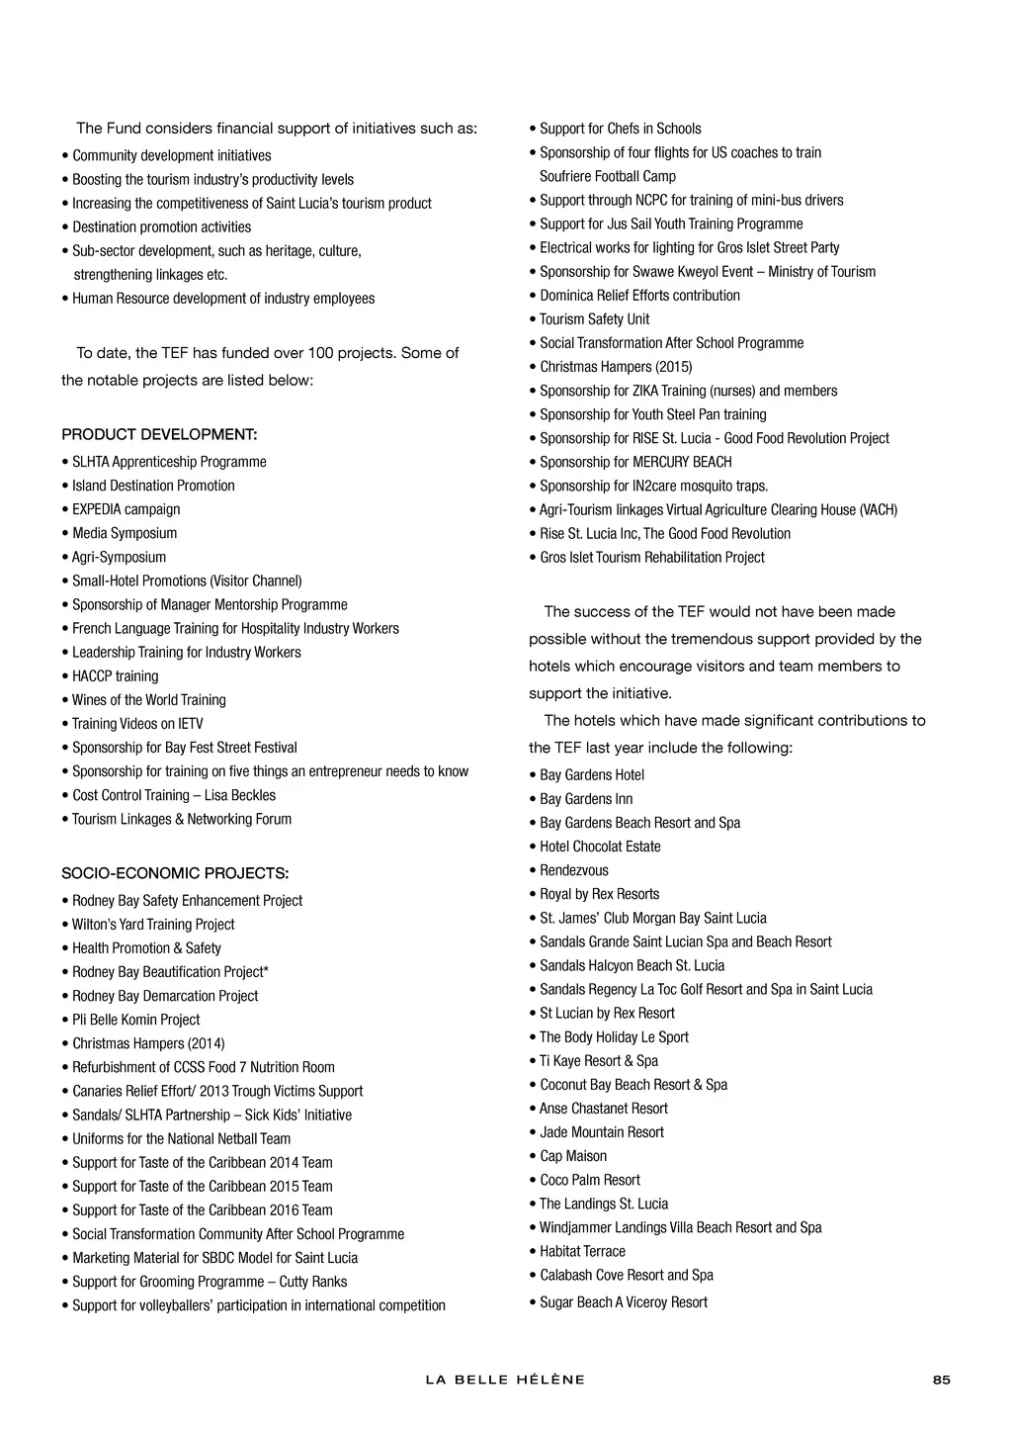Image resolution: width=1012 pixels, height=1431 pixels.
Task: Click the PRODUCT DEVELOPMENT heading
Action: point(159,435)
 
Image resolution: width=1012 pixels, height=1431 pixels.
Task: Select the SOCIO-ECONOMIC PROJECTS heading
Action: point(175,874)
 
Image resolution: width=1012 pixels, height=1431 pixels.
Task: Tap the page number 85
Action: point(941,1380)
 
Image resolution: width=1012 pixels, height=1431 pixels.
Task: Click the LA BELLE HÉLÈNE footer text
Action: point(505,1380)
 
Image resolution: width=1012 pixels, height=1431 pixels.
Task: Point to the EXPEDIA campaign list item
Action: point(126,509)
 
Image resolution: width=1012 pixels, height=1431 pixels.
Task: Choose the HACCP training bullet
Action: point(115,676)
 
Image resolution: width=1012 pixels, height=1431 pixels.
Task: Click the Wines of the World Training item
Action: point(148,700)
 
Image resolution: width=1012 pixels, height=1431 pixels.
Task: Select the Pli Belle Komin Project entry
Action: point(135,1020)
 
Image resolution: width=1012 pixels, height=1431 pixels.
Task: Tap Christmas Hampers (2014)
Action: point(148,1043)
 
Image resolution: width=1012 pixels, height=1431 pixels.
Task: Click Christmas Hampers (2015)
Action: point(616,367)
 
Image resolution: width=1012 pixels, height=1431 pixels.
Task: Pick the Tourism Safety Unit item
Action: point(594,319)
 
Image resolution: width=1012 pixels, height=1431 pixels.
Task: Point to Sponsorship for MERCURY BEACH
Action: point(635,462)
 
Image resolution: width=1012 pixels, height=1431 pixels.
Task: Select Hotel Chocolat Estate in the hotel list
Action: point(600,847)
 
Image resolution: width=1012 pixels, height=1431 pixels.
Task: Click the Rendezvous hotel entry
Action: point(574,870)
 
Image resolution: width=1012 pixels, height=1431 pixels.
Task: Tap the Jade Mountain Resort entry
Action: point(602,1132)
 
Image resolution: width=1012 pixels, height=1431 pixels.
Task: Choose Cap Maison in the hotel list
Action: point(573,1156)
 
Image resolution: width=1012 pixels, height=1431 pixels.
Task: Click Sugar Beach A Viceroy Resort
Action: point(624,1302)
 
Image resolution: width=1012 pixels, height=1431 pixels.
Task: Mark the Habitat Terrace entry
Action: point(582,1251)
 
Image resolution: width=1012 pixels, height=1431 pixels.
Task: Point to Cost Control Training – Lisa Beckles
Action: point(174,795)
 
